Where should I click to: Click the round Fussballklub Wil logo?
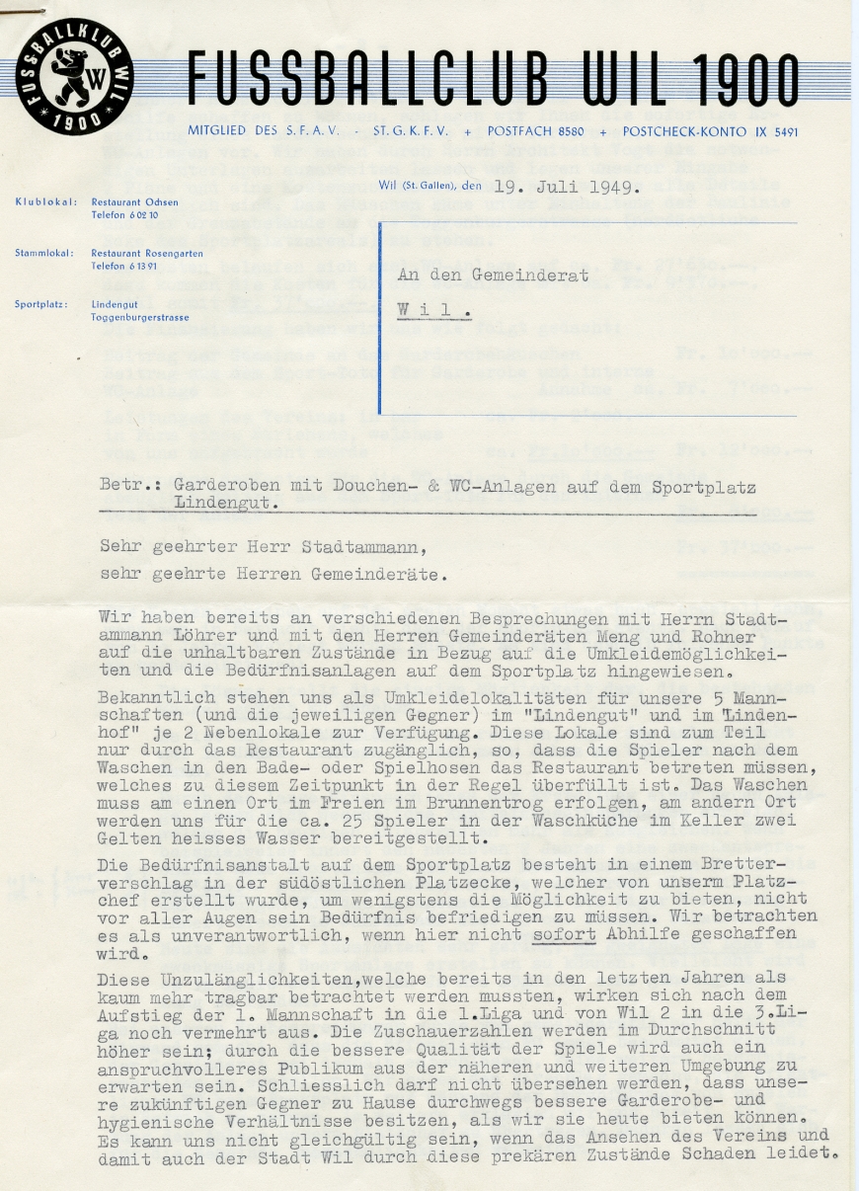pos(75,76)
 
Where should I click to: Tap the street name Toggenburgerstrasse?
pos(140,317)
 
